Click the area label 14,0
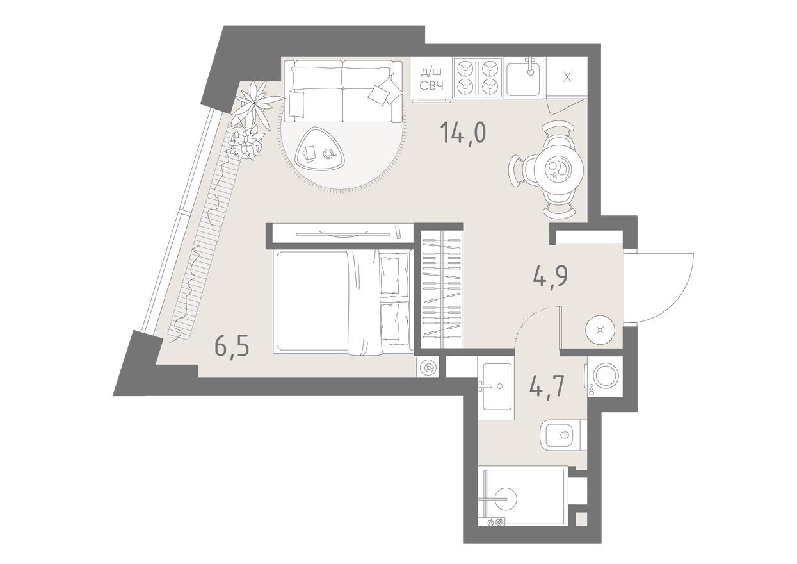click(463, 133)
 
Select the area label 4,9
click(551, 277)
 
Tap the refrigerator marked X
click(566, 78)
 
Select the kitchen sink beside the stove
click(523, 79)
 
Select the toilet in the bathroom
click(563, 435)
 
